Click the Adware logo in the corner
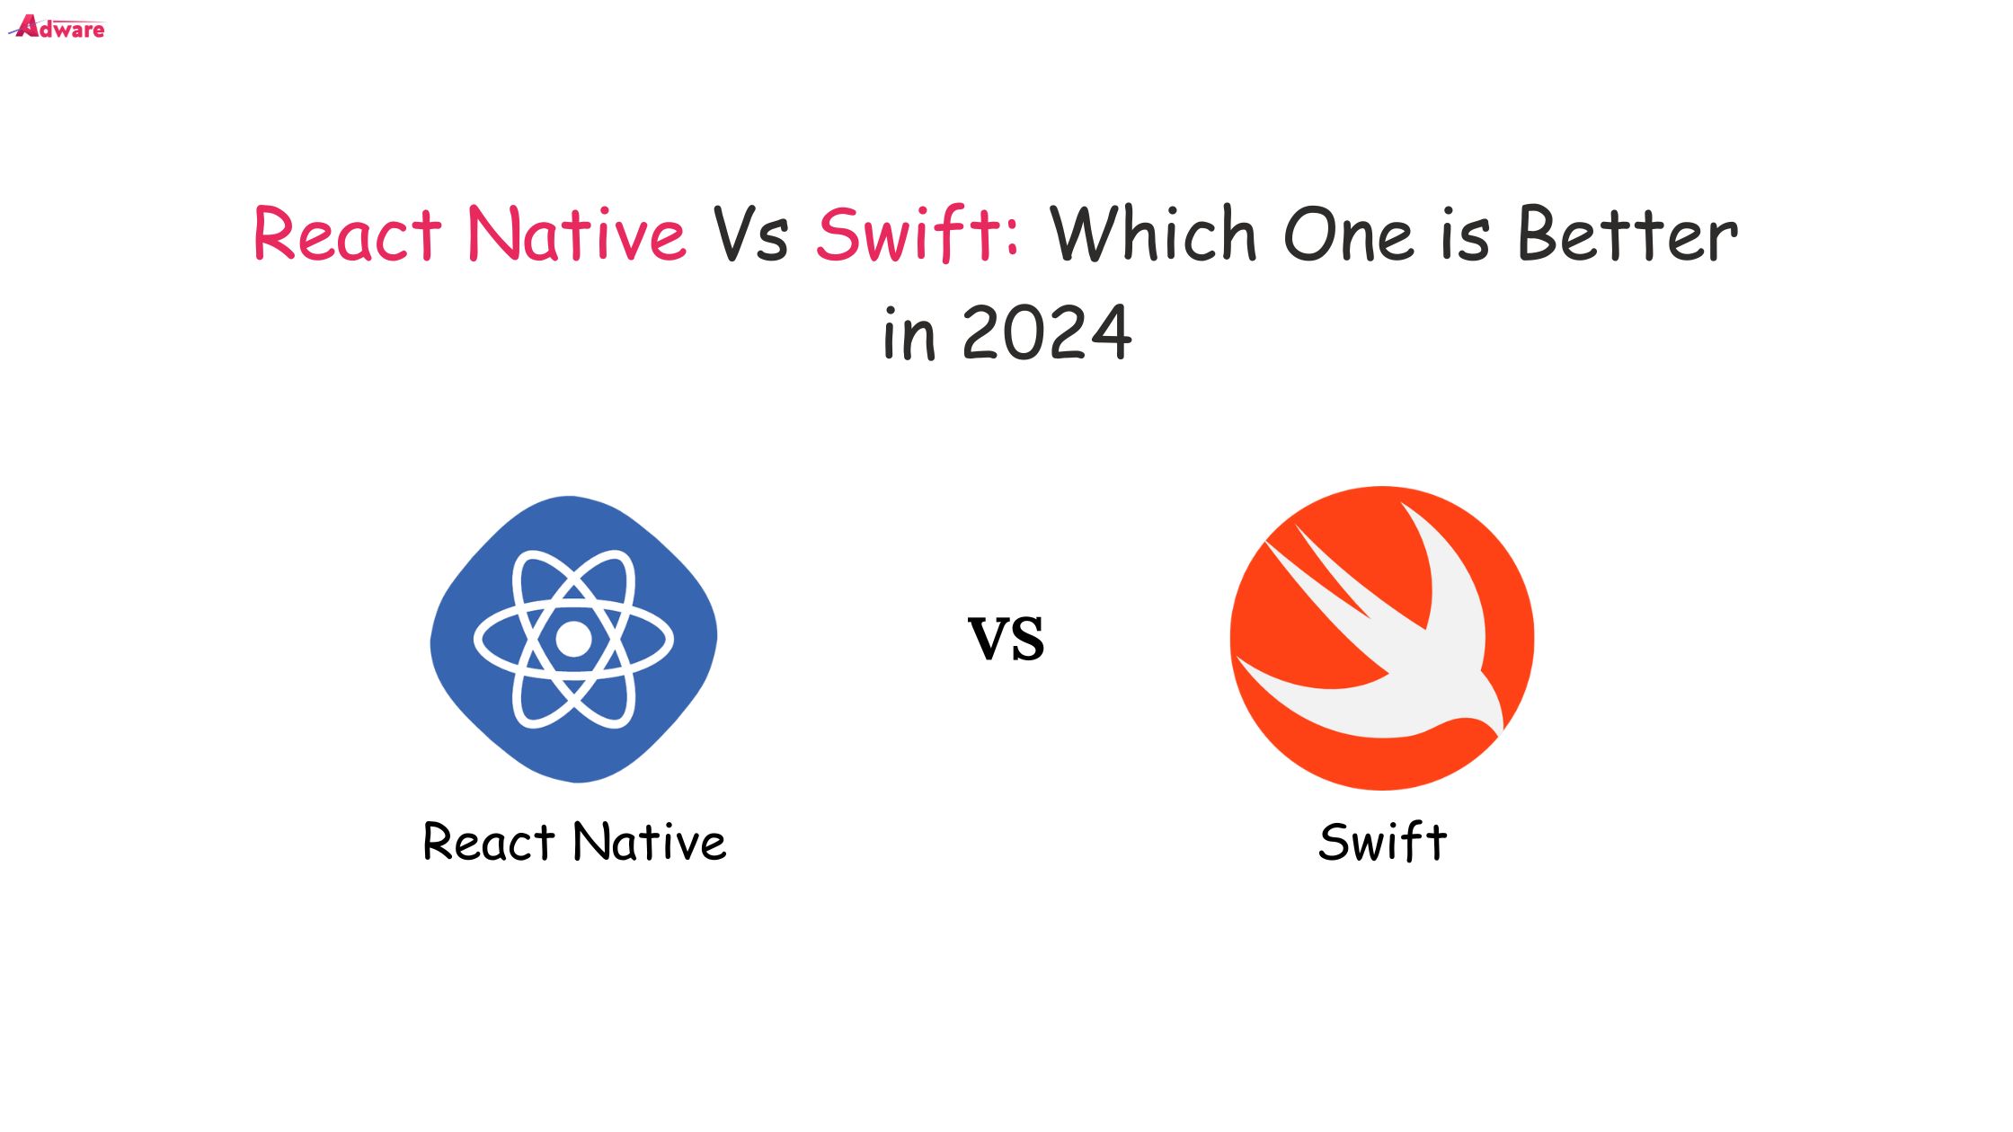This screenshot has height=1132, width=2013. (x=57, y=28)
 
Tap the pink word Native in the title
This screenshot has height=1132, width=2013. (x=577, y=233)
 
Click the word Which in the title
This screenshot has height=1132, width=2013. (x=1153, y=233)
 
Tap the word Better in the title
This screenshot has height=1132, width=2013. (x=1627, y=234)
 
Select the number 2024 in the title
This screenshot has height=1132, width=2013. (x=1047, y=332)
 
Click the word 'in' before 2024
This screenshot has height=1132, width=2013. (x=909, y=333)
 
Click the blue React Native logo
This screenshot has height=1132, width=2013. (x=573, y=639)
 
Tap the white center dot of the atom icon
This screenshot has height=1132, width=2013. (x=573, y=639)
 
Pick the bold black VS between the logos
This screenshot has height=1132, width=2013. (x=1006, y=639)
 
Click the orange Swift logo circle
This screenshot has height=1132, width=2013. (x=1382, y=638)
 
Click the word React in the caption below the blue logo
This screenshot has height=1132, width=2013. (x=489, y=843)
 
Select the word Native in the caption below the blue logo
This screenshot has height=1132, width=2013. (x=650, y=842)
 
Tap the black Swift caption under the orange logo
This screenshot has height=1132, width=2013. (x=1382, y=842)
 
